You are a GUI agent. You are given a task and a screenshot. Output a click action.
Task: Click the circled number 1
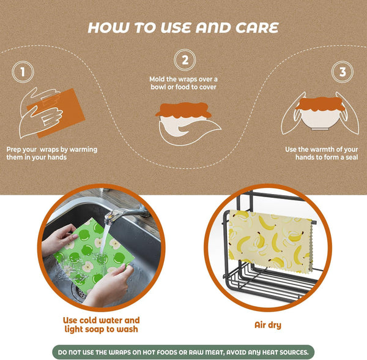point(23,72)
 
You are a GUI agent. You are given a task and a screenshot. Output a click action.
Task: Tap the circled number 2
point(185,60)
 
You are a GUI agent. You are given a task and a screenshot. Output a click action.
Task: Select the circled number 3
point(343,72)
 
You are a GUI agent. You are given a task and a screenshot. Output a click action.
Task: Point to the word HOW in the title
point(108,28)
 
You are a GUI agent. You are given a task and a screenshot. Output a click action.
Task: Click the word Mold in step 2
point(157,79)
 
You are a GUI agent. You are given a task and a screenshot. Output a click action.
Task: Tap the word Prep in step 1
point(14,149)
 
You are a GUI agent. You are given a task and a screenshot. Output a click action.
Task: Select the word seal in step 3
point(352,157)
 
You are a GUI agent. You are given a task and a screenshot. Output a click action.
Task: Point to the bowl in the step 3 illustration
point(320,120)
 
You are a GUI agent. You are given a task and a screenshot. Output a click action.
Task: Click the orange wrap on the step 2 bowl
point(183,110)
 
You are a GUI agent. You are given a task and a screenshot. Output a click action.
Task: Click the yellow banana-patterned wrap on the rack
point(270,241)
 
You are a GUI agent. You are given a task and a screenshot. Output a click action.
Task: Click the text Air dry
point(268,325)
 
